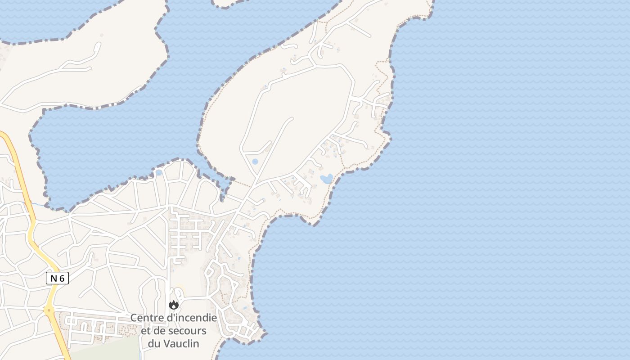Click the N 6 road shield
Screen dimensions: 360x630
pos(57,278)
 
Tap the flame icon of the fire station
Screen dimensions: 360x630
pos(174,305)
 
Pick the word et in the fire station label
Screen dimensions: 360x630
pos(145,331)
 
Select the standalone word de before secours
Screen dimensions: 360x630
pos(160,331)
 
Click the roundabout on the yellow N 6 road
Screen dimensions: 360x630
pos(48,310)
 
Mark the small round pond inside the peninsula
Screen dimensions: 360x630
pos(255,161)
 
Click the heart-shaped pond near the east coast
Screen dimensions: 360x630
pos(326,179)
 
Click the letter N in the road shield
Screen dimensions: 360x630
pos(54,278)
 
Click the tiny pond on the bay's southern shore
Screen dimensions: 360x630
pos(158,172)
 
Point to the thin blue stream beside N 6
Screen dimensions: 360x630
pos(38,205)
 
